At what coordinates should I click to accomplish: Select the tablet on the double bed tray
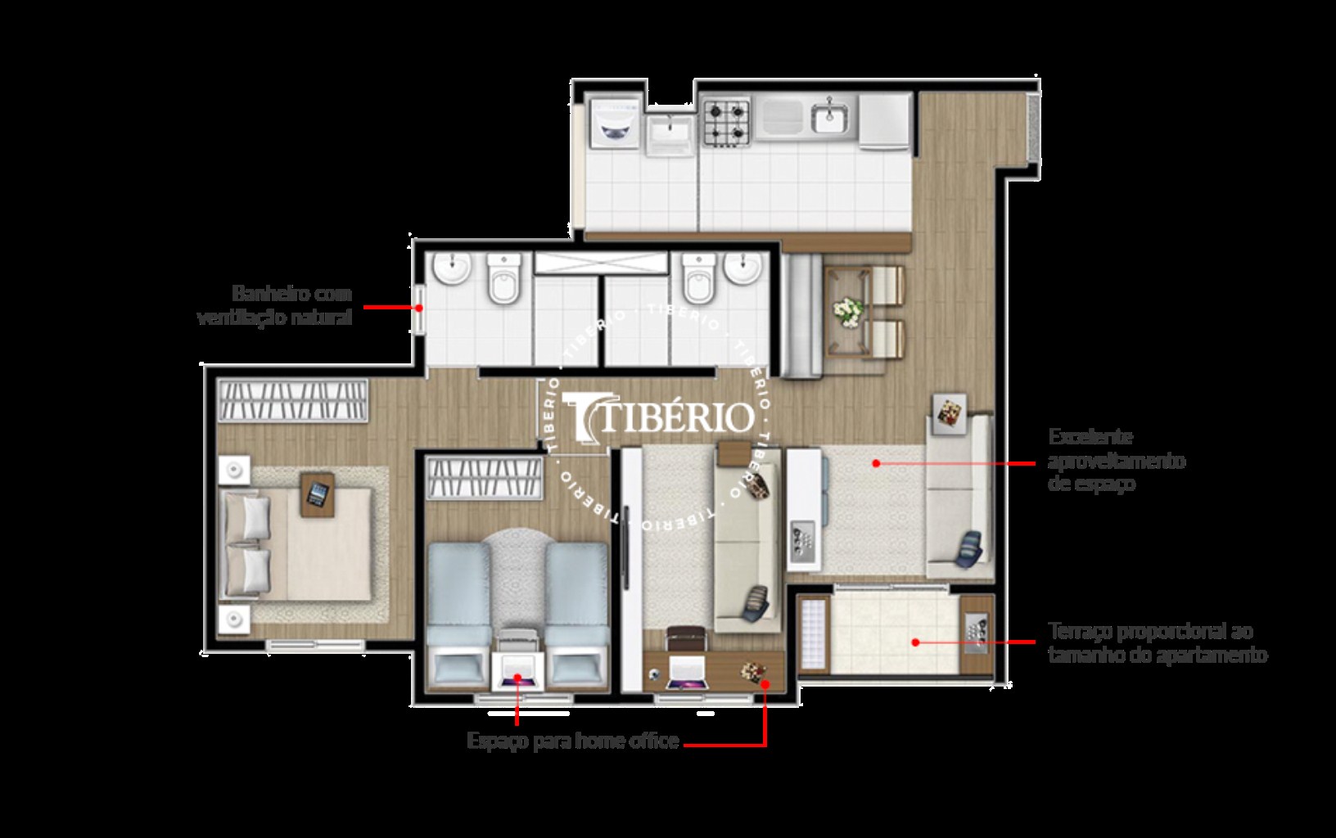coord(318,494)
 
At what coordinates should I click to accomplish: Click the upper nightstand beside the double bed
coord(236,470)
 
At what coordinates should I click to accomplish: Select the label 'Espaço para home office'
coord(573,741)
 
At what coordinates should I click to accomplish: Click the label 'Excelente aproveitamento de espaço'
coord(1116,460)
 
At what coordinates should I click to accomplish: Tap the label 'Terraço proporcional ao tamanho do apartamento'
coord(1157,643)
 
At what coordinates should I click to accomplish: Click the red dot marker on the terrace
coord(916,642)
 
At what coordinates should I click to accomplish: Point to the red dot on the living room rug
coord(876,463)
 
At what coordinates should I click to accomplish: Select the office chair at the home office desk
coord(685,637)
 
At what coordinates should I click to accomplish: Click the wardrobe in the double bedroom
coord(293,401)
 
